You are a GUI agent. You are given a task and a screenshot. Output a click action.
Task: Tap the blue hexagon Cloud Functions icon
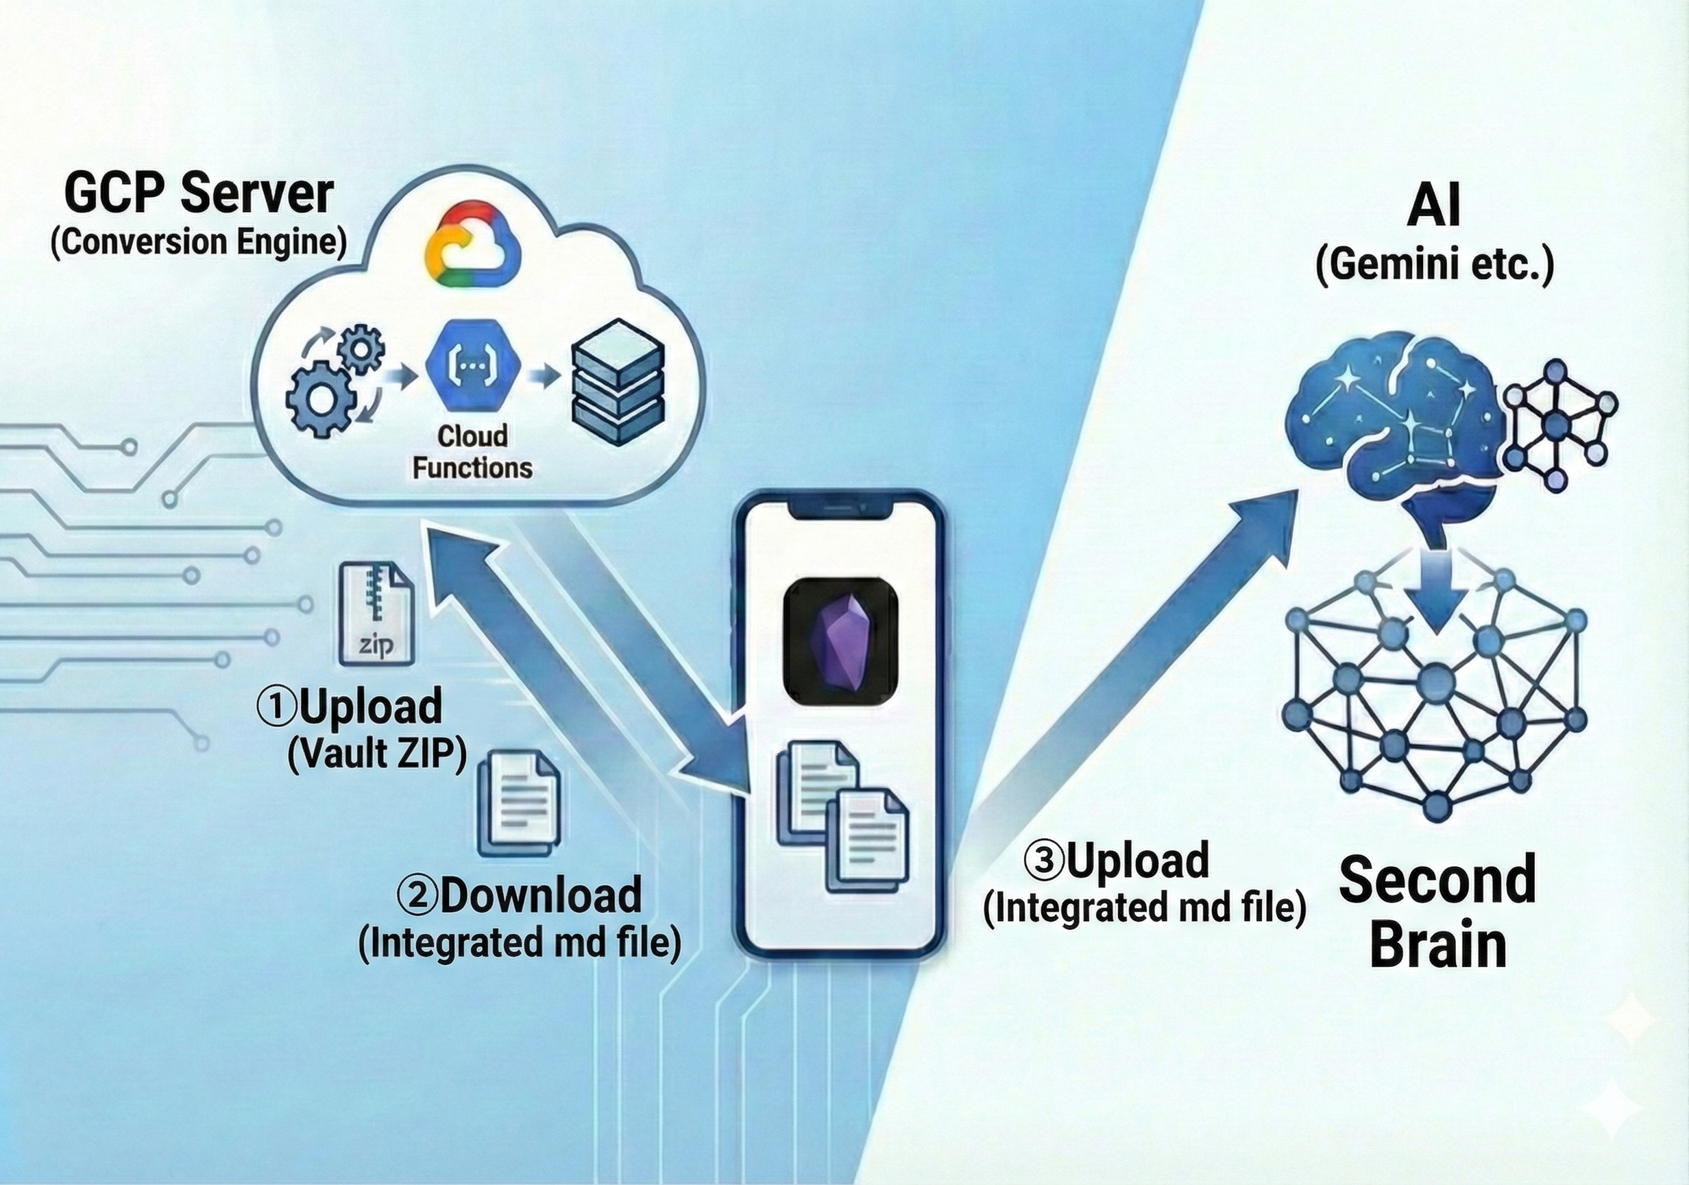pos(473,366)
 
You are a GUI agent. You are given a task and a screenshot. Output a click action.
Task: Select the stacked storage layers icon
pos(618,383)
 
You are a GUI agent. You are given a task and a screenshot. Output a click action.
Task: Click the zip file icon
pos(376,614)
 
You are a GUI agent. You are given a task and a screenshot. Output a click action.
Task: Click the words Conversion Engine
pos(199,243)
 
